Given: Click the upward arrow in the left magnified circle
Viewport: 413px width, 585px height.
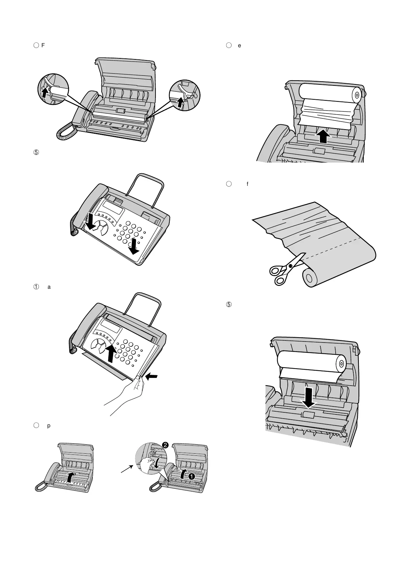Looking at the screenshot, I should (x=44, y=93).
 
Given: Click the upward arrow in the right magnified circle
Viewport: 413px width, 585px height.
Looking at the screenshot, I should (x=180, y=101).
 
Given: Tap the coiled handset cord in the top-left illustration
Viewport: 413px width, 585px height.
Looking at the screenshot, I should (x=66, y=133).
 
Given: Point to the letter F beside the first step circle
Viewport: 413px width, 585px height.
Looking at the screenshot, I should (x=43, y=45).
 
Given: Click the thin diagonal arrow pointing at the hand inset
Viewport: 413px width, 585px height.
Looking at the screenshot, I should (x=126, y=469).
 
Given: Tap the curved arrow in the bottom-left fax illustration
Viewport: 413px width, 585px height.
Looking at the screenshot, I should (x=70, y=478).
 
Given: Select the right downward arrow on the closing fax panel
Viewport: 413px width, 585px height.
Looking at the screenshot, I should (x=133, y=246).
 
